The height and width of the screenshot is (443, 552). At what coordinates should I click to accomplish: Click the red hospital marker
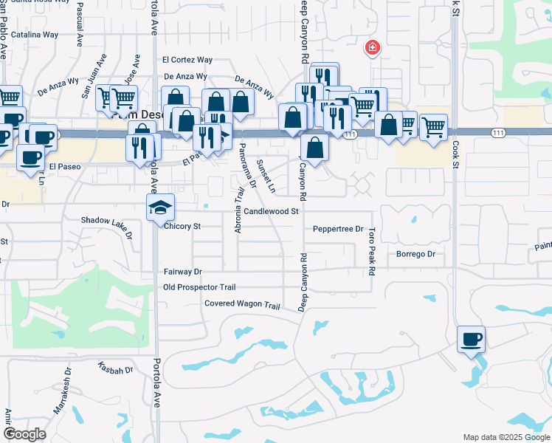(373, 49)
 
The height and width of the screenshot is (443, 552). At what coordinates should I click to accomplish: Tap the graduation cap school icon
(159, 208)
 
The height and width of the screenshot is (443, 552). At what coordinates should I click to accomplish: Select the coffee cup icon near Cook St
(471, 340)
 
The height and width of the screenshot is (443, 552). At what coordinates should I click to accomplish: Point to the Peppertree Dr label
(338, 230)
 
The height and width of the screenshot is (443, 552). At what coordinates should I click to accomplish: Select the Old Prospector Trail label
(199, 287)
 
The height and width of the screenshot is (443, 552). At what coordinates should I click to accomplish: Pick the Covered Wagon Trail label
(243, 305)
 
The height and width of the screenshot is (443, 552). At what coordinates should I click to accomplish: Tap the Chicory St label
(182, 226)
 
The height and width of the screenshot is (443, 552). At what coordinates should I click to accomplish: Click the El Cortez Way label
(187, 60)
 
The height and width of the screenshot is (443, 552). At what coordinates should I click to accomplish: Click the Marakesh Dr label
(65, 396)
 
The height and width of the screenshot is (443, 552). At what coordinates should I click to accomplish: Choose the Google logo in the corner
(25, 434)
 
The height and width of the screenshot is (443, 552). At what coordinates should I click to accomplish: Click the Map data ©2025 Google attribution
(506, 437)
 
